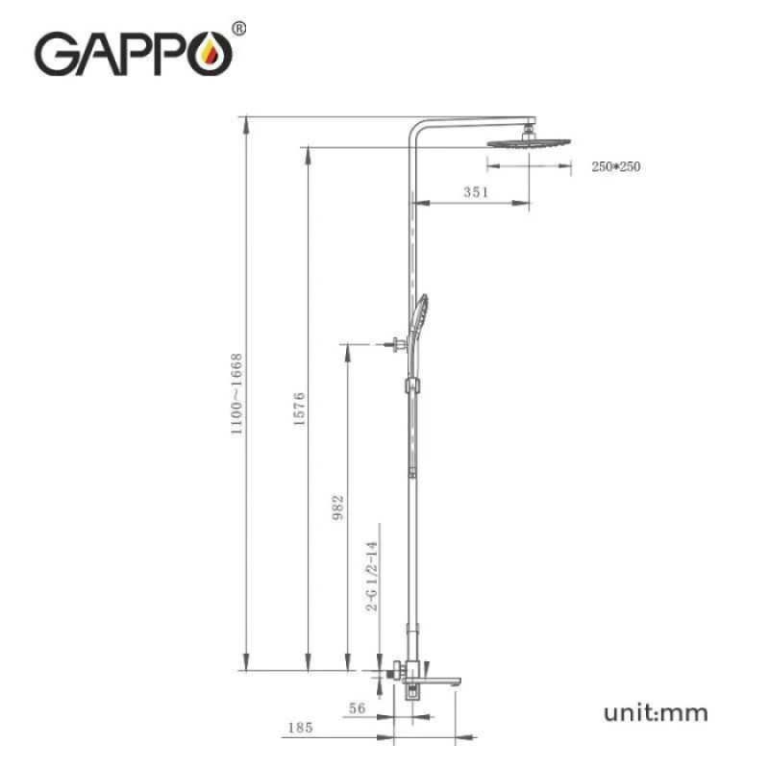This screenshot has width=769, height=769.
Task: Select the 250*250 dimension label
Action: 615,167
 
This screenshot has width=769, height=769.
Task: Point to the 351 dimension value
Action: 476,192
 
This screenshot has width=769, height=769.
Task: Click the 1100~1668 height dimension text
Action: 236,394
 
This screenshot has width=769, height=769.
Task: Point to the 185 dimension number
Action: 299,729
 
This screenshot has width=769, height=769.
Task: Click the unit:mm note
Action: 656,712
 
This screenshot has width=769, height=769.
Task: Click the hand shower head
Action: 421,317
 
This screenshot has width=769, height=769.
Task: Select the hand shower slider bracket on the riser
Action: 413,385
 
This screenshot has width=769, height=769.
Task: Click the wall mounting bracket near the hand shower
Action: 394,343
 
